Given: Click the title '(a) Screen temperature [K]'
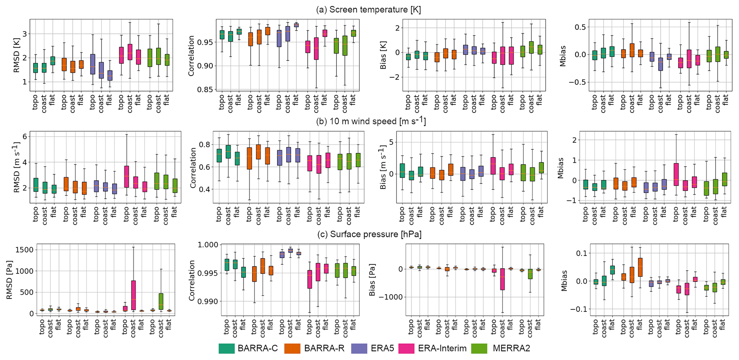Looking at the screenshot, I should (368, 10).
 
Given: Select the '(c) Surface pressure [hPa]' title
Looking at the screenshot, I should (369, 235).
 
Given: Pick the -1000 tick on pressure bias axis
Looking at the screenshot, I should (389, 297).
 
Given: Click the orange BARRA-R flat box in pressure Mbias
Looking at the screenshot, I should (640, 267).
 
